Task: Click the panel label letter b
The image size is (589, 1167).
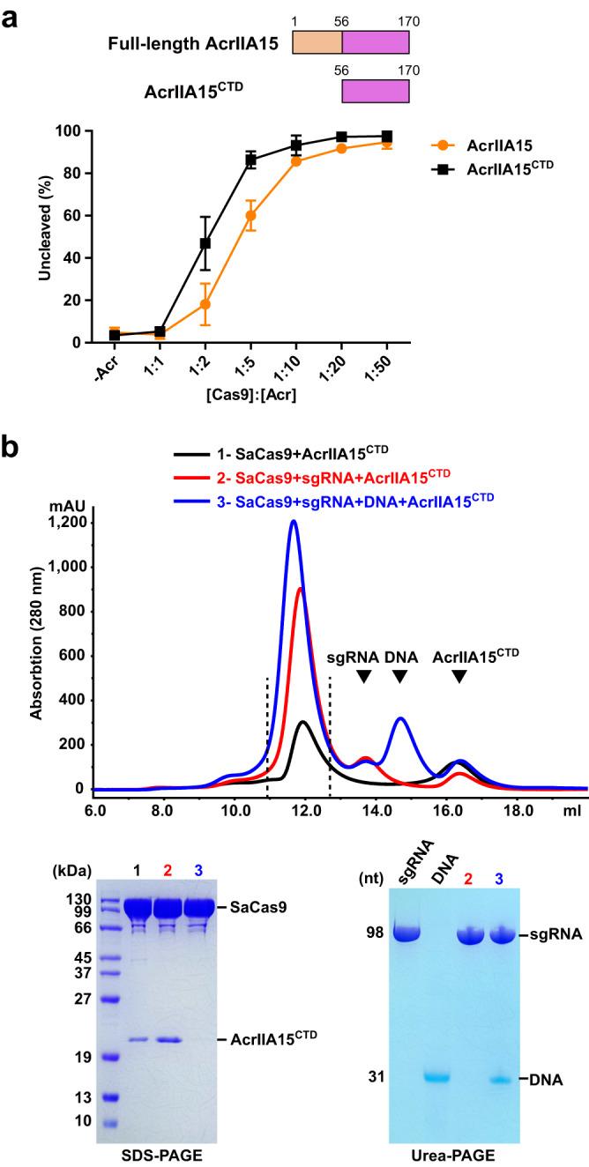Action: click(12, 446)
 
